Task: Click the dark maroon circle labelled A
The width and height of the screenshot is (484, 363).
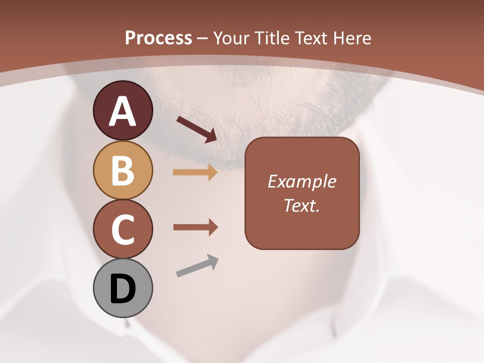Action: click(123, 111)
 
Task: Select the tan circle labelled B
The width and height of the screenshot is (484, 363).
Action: click(123, 170)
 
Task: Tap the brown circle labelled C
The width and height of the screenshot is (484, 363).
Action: click(123, 229)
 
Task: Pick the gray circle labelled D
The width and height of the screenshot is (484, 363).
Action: click(123, 288)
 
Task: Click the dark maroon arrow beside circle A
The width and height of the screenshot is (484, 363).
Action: click(197, 129)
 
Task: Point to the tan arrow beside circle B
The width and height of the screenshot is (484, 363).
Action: click(195, 172)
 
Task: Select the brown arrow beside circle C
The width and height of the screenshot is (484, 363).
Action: click(195, 227)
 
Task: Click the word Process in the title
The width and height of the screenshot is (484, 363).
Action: click(158, 38)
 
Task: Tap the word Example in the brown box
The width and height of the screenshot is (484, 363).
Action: click(301, 181)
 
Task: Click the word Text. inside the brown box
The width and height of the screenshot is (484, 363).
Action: click(301, 205)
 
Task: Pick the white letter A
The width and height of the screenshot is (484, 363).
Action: click(123, 111)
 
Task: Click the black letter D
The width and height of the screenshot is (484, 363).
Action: click(123, 289)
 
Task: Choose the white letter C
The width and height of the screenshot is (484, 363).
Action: click(123, 229)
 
